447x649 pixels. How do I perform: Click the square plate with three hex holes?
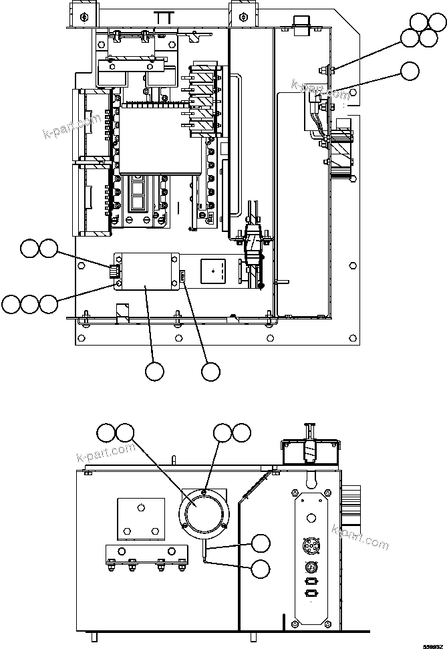coord(140,518)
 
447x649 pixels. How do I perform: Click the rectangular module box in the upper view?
coord(148,273)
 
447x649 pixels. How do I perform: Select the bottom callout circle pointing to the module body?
coord(154,372)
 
